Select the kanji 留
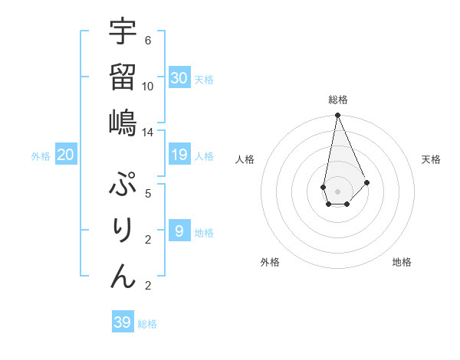[123, 77]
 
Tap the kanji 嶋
[123, 123]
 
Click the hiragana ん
[123, 276]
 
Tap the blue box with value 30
[179, 77]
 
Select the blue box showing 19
[179, 155]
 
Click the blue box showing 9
[179, 231]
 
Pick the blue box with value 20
[66, 155]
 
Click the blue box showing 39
[123, 322]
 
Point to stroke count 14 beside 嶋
[147, 133]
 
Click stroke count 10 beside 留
[148, 86]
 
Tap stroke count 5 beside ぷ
[148, 193]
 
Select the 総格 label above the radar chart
[337, 100]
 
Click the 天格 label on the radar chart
[431, 159]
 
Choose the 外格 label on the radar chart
[270, 262]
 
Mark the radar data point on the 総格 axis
[337, 116]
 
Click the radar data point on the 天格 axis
[366, 182]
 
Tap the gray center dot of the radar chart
[337, 190]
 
